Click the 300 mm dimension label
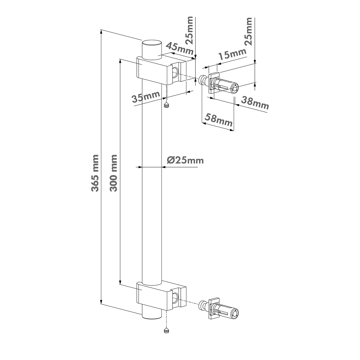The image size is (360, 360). point(113,173)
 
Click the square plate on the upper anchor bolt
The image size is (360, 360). point(214,82)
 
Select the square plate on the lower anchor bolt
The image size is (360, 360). point(214,308)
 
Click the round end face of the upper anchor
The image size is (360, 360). point(235,89)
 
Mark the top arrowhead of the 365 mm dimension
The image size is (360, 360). point(101,32)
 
